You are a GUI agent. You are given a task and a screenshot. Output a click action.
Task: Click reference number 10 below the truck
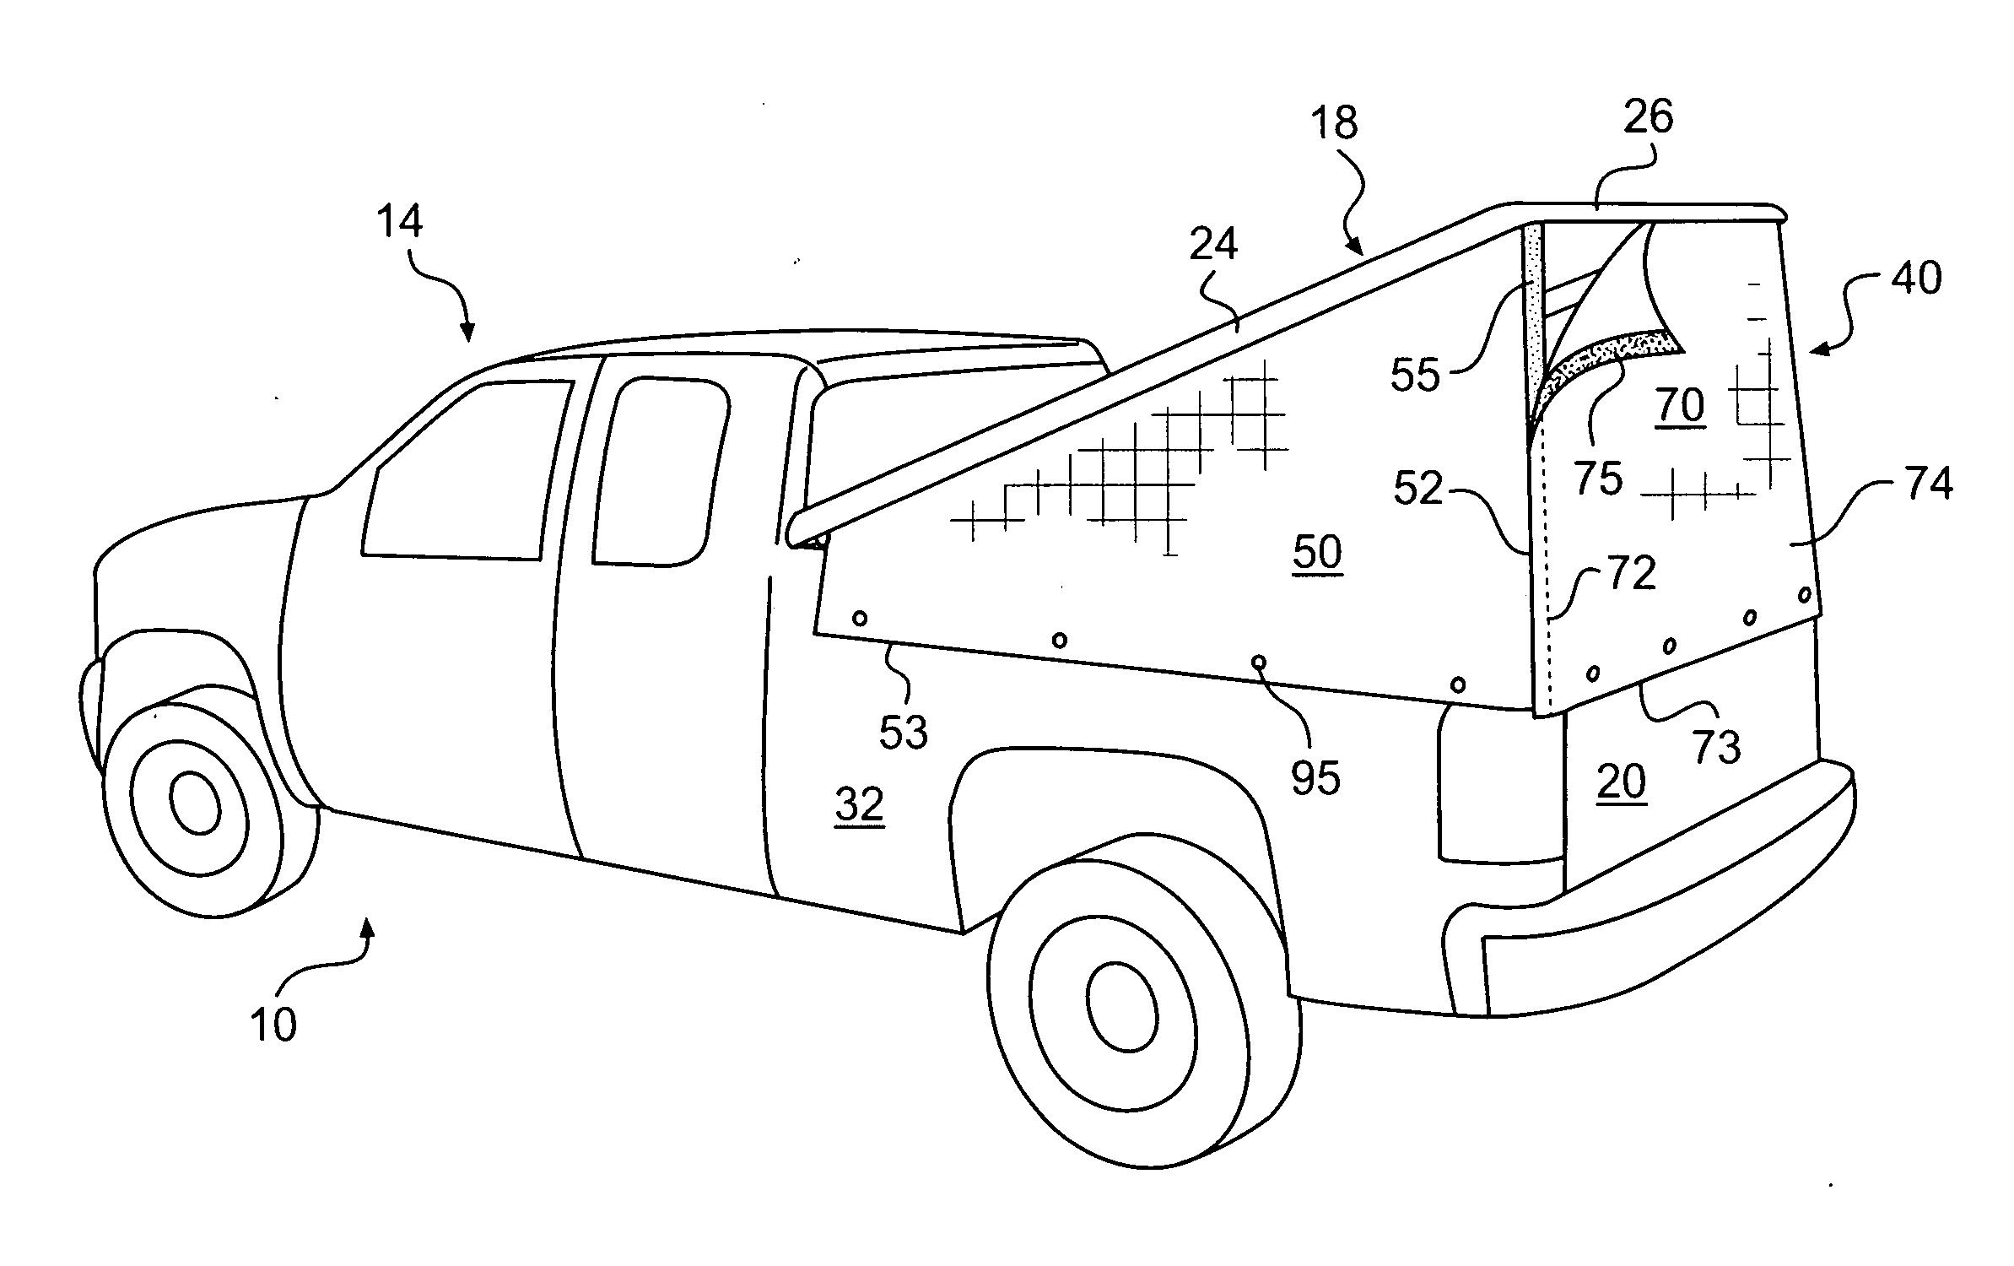point(273,1025)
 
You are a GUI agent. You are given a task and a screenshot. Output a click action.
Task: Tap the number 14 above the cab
point(399,222)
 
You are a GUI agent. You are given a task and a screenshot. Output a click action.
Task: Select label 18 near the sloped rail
point(1334,123)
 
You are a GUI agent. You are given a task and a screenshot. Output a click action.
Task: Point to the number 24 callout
point(1213,245)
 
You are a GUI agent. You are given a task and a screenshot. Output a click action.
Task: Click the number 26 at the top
point(1648,117)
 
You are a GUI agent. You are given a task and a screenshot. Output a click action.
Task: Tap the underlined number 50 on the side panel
point(1317,553)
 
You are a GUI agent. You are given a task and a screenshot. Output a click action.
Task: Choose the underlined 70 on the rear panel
point(1681,406)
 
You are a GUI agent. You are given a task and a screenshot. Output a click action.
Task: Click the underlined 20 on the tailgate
point(1622,781)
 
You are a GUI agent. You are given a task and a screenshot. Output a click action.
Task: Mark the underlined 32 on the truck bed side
point(860,804)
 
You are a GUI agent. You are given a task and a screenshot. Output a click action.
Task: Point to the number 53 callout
point(904,732)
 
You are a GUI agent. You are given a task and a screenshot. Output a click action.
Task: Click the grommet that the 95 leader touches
point(1259,662)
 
